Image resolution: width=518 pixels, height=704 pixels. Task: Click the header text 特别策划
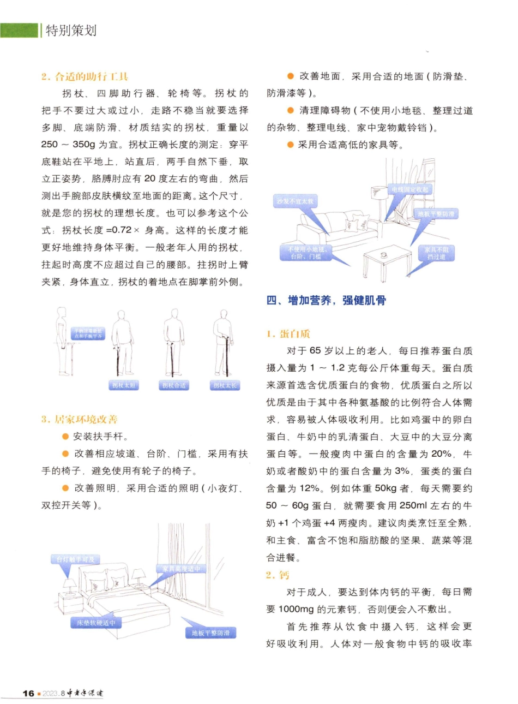(x=71, y=31)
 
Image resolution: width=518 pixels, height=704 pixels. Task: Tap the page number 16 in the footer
(x=28, y=693)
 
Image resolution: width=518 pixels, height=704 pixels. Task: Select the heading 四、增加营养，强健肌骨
(x=326, y=300)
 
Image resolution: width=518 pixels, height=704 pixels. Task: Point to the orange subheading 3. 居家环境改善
(x=79, y=419)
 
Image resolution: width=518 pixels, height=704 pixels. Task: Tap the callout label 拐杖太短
(x=124, y=385)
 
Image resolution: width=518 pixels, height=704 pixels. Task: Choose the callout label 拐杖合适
(x=174, y=385)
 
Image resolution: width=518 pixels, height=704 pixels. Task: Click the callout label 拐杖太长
(x=225, y=385)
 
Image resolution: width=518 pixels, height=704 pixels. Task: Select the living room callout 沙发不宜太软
(x=295, y=201)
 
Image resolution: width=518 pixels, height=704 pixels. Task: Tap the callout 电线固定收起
(x=410, y=189)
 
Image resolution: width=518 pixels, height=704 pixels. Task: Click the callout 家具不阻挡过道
(x=436, y=253)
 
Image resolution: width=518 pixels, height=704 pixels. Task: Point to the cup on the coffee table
(x=384, y=254)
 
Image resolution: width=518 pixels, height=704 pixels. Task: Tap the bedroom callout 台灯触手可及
(x=75, y=559)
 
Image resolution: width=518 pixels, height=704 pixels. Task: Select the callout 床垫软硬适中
(x=95, y=623)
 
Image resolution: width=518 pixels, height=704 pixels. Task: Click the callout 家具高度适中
(x=181, y=569)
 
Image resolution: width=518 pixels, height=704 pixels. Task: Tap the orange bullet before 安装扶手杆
(x=65, y=437)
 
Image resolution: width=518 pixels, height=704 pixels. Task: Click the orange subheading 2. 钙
(x=278, y=575)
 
